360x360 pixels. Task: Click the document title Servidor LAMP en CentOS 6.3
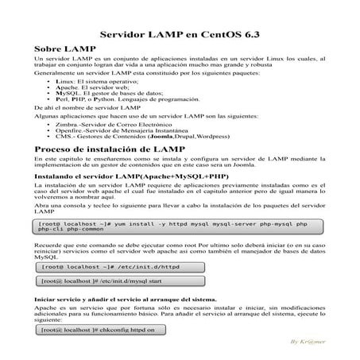pyautogui.click(x=180, y=36)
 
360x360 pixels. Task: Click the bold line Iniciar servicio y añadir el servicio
pyautogui.click(x=115, y=299)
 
